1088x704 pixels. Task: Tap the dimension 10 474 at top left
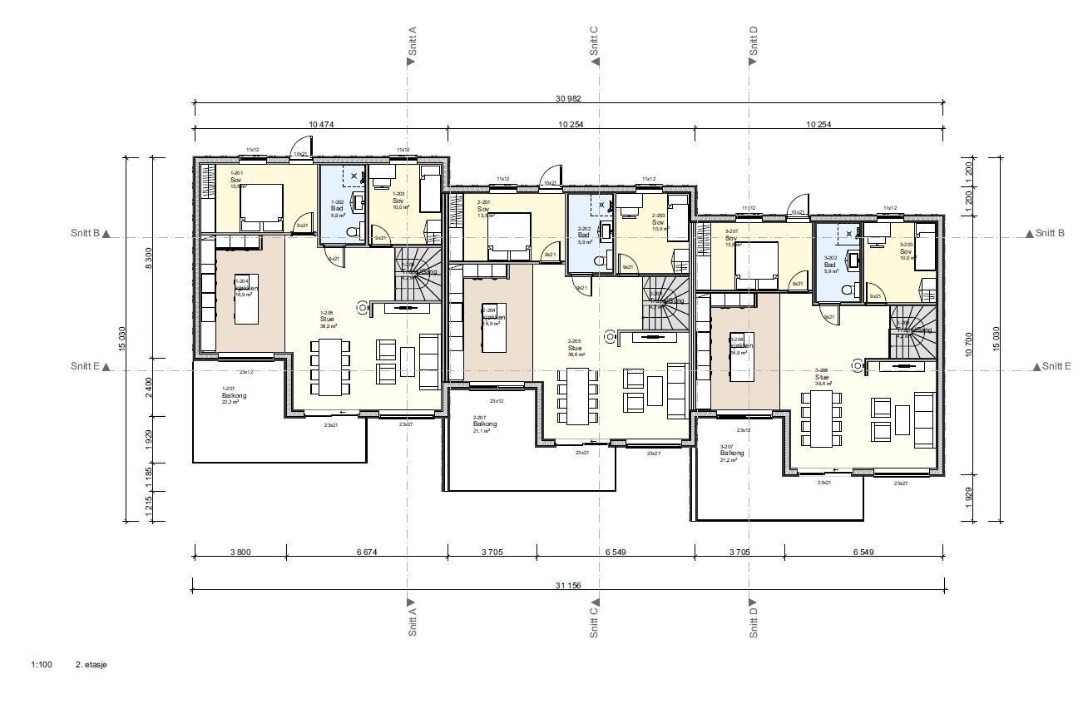click(x=320, y=124)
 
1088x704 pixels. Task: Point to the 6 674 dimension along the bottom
click(x=366, y=551)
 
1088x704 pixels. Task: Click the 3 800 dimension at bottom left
click(x=240, y=551)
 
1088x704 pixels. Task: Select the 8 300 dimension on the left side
click(x=149, y=260)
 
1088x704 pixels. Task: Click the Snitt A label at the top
click(x=412, y=45)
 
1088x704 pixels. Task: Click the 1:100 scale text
click(x=42, y=665)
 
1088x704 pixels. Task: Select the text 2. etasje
click(x=91, y=665)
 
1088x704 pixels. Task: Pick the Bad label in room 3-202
click(x=829, y=265)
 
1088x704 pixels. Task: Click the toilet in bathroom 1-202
click(x=352, y=231)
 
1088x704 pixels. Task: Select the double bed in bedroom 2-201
click(x=508, y=232)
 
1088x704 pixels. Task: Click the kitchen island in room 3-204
click(x=738, y=357)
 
